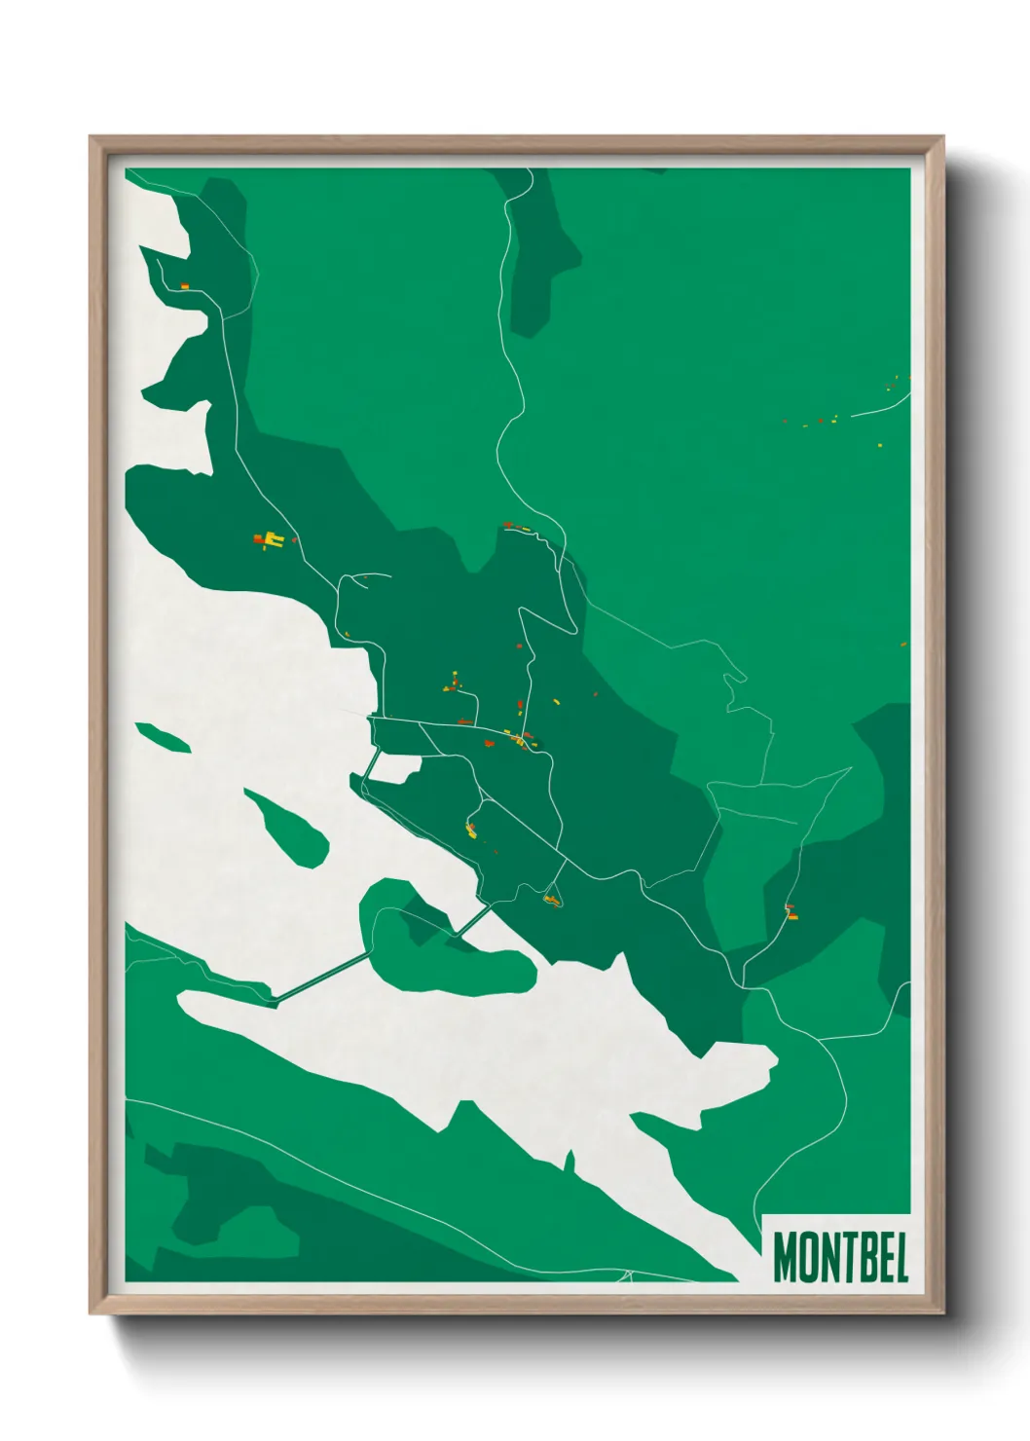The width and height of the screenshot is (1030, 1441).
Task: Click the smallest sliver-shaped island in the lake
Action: click(163, 736)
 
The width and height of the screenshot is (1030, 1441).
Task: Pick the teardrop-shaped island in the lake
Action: click(288, 828)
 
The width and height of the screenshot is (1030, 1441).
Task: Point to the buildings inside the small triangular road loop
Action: click(551, 899)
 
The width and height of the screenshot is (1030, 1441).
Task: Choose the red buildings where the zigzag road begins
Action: click(516, 527)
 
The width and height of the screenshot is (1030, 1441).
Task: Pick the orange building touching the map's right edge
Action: click(905, 644)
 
